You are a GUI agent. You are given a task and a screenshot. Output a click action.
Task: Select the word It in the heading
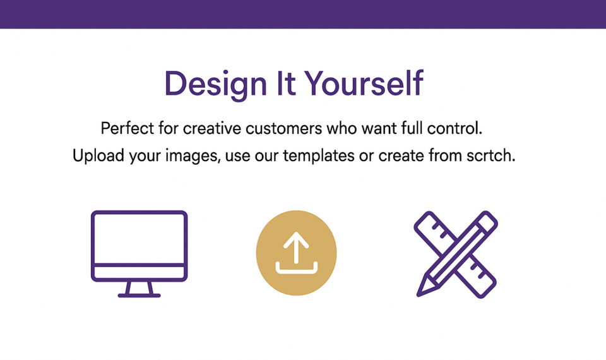pos(285,83)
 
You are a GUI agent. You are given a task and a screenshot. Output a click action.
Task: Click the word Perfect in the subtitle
pos(127,128)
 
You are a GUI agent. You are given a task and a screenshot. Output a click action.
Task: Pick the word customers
pos(283,128)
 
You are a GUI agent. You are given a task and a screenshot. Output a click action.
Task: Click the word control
pos(454,128)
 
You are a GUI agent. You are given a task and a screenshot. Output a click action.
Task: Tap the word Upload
pos(98,156)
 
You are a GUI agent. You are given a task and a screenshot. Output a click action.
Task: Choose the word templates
pos(318,156)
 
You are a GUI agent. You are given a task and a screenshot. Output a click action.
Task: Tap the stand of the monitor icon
pos(139,289)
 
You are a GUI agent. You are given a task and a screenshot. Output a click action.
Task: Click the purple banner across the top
pos(303,14)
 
